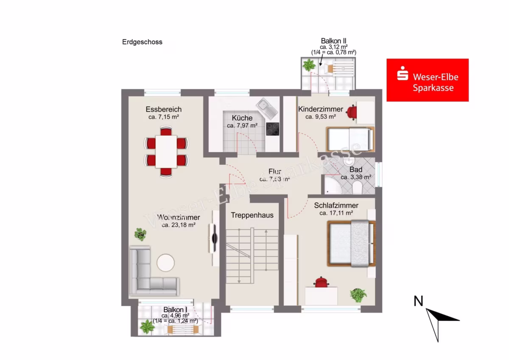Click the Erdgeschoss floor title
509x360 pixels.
coord(142,42)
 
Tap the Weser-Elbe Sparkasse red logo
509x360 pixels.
coord(428,80)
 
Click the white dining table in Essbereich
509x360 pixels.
coord(166,152)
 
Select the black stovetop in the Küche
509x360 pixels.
coord(272,129)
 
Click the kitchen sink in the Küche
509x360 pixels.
coord(267,109)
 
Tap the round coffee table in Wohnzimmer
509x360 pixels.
coord(166,263)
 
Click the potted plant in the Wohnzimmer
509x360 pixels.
coord(140,234)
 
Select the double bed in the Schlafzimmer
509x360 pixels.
coord(351,243)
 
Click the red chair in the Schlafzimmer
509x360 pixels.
coord(321,282)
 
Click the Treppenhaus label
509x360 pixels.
coord(252,215)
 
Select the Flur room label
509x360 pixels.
coord(275,171)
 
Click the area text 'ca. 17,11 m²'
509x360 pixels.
coord(336,213)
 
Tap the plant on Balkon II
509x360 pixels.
coord(309,65)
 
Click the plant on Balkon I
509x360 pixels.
coord(147,327)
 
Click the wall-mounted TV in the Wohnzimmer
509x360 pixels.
coord(214,238)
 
